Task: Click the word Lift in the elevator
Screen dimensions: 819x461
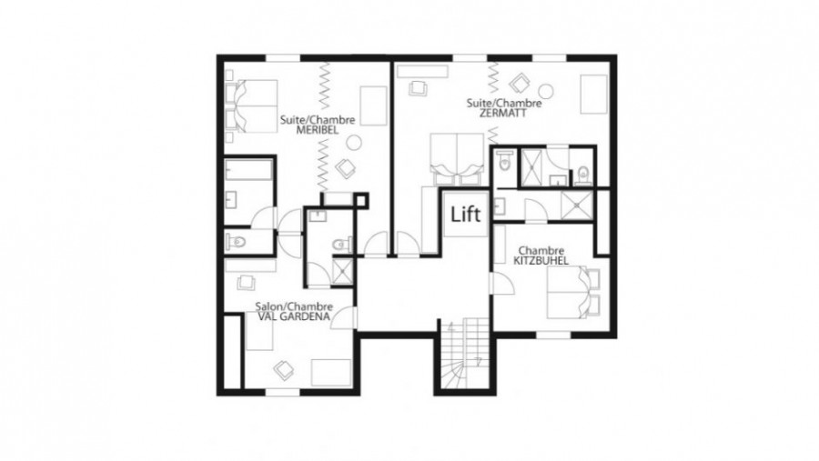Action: click(465, 214)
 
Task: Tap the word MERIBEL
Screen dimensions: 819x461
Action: click(317, 130)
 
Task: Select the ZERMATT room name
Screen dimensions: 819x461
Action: click(504, 113)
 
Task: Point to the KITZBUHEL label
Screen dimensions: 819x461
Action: click(541, 261)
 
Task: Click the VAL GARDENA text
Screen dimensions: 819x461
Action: click(294, 316)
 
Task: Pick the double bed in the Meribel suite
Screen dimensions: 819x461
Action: click(252, 106)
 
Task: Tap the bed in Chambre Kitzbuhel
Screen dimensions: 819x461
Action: click(573, 293)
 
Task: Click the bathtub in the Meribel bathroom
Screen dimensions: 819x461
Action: click(248, 170)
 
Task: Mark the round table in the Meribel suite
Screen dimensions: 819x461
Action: click(354, 142)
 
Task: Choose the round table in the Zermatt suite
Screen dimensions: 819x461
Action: click(546, 91)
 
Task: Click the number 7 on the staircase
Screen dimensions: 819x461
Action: click(479, 361)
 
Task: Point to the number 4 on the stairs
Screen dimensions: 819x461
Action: click(451, 329)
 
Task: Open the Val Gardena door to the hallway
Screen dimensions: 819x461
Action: click(345, 318)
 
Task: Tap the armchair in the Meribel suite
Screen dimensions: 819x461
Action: click(345, 168)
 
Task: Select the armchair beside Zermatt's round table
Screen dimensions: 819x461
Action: click(521, 83)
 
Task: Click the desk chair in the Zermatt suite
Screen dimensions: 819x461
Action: click(419, 87)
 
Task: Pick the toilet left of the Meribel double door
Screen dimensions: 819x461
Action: click(236, 242)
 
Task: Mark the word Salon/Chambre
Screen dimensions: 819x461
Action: click(294, 306)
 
